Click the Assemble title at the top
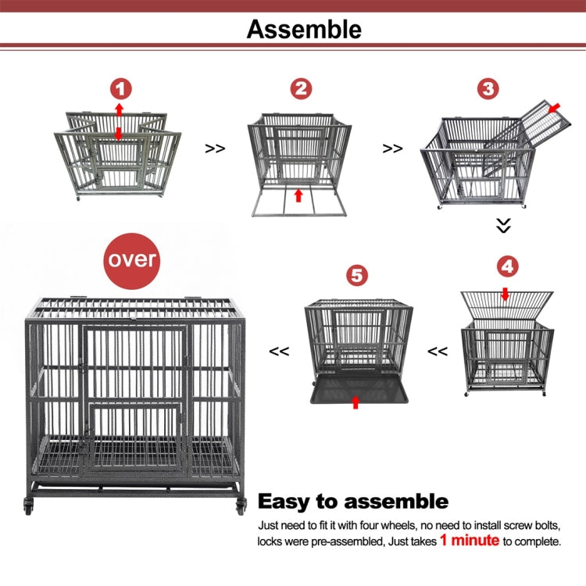pos(304,30)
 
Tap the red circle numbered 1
pos(120,88)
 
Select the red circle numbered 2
pos(301,88)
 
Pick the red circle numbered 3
pos(488,88)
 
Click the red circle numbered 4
pos(507,266)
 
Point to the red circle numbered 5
pos(356,275)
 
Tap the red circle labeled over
pos(133,259)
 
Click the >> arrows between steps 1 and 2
pos(216,148)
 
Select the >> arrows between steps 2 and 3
pos(393,148)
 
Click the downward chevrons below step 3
pos(504,226)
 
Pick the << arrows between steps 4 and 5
pos(438,352)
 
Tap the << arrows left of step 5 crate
pos(279,352)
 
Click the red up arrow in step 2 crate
pos(298,195)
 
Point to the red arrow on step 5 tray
pos(356,402)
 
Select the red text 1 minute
pos(468,540)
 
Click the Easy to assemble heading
pos(352,501)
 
